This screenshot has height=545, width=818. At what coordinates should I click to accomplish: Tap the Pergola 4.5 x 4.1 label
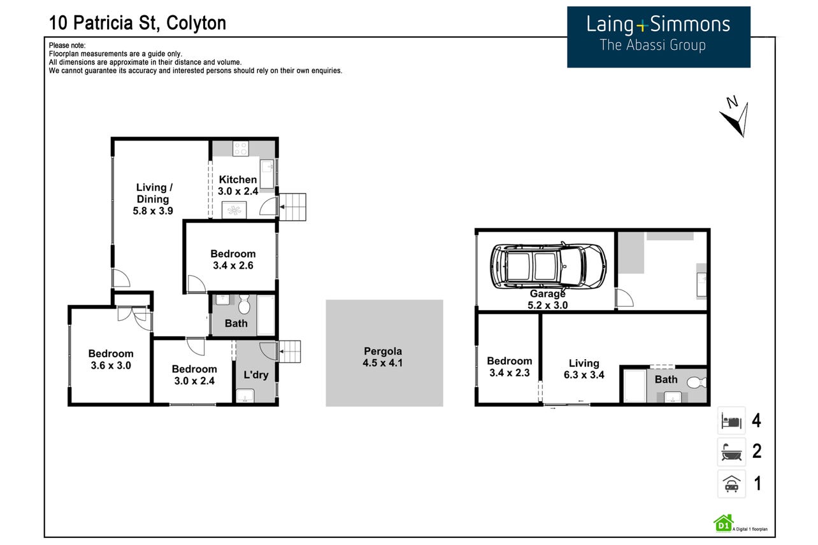pos(383,357)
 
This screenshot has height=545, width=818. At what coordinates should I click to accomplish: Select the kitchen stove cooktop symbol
pos(241,148)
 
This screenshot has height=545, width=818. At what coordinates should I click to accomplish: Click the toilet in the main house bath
pos(244,304)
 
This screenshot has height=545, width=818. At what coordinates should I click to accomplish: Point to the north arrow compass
pos(735,117)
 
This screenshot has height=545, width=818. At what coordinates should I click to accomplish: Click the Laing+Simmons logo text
pos(658,25)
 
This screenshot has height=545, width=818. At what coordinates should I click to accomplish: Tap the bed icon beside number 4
pos(731,421)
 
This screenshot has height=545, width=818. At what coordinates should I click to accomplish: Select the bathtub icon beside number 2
pos(731,452)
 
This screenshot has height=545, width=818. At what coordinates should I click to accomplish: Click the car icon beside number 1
pos(731,484)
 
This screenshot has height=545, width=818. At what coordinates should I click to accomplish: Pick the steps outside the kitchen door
pos(292,207)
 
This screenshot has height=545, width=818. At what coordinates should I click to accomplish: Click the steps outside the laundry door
pos(290,351)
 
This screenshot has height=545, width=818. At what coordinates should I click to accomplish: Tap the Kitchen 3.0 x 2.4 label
pos(238,185)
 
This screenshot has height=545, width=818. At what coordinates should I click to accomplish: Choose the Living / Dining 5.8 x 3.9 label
pos(153,199)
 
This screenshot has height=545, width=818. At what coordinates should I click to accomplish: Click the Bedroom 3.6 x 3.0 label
pos(111,360)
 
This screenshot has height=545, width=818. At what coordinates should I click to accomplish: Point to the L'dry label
pos(256,375)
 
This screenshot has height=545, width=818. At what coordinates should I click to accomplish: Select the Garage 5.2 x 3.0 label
pos(548,299)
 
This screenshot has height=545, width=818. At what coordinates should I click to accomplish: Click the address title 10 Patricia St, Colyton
pos(138,23)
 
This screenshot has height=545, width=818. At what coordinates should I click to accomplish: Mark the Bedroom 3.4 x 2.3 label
pos(510,367)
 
